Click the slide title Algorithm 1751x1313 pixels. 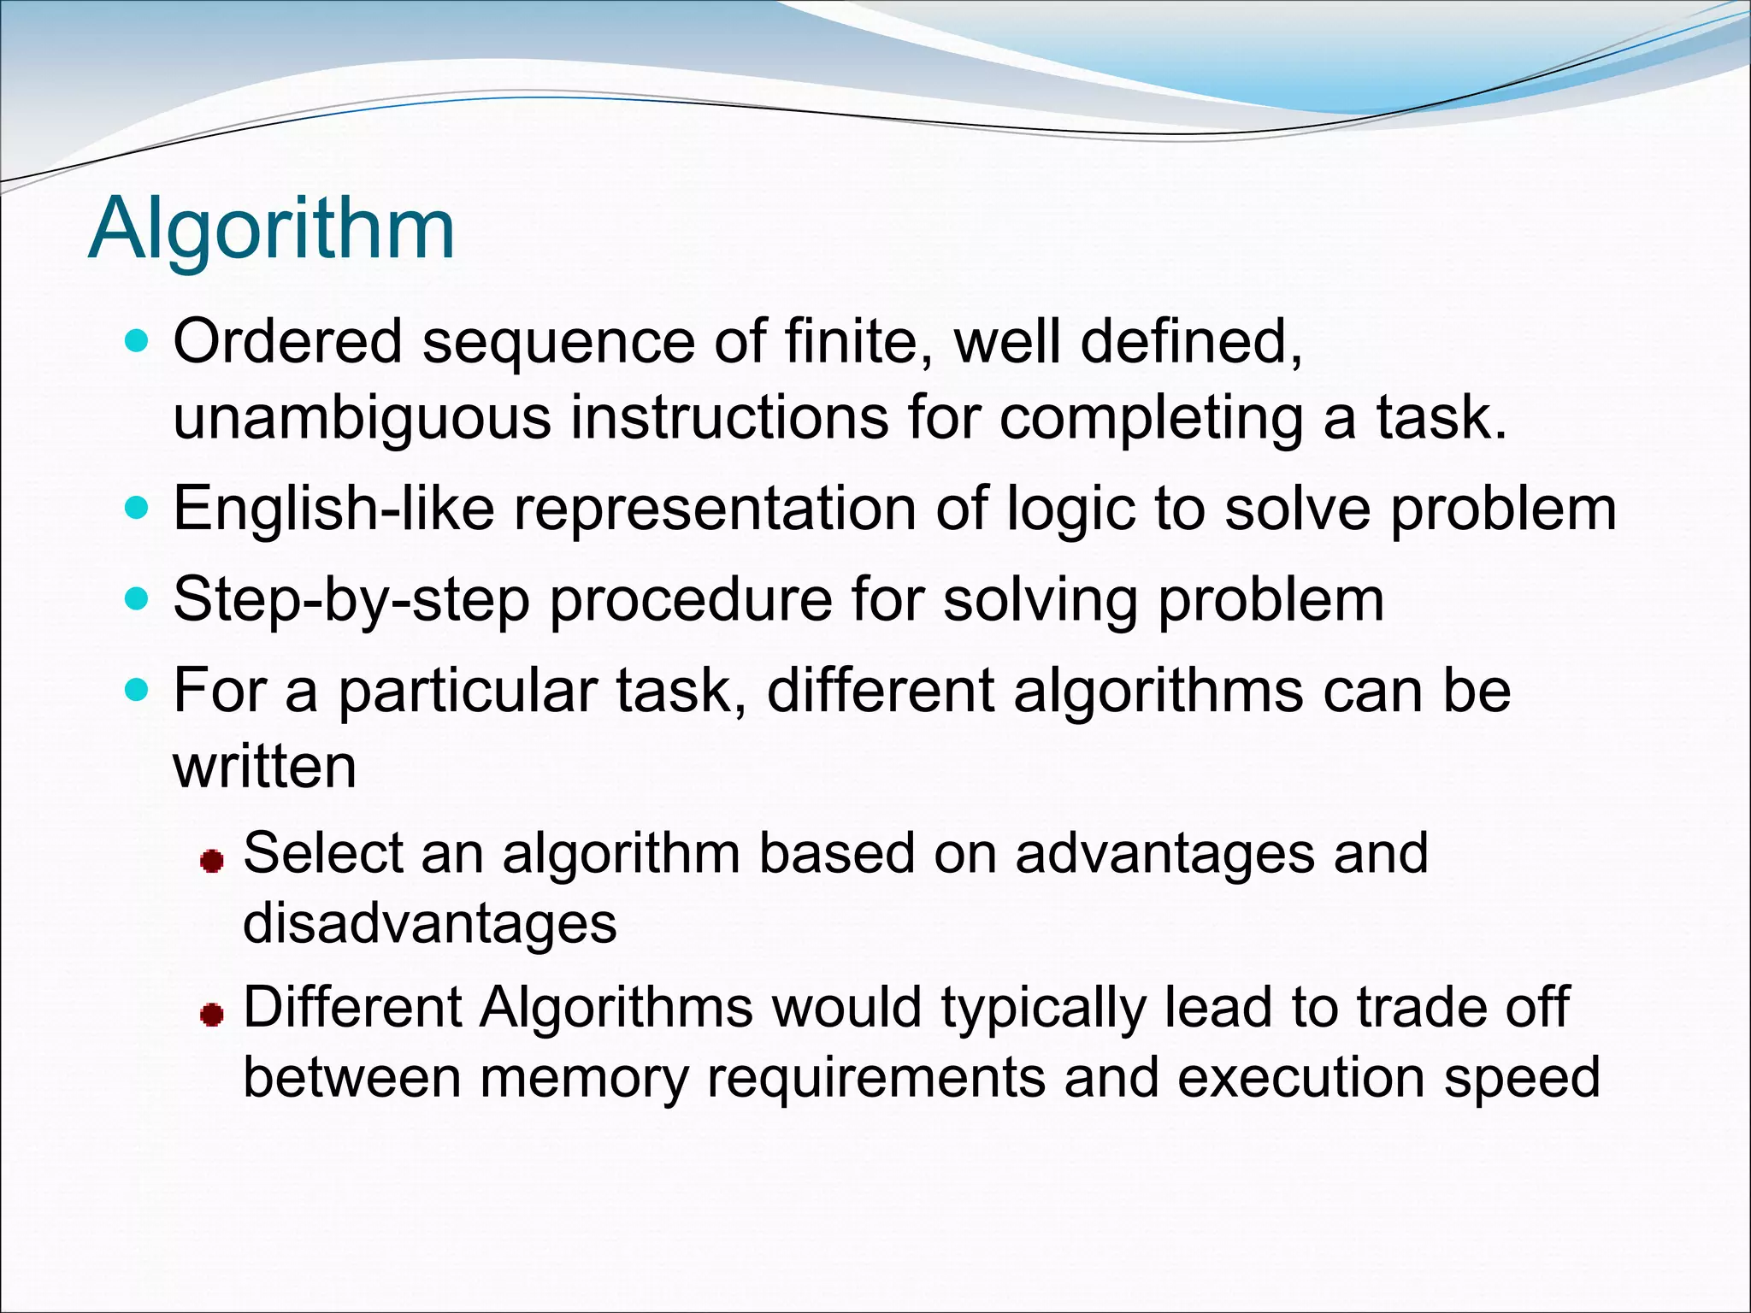pyautogui.click(x=271, y=229)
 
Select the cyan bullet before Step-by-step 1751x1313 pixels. pyautogui.click(x=137, y=599)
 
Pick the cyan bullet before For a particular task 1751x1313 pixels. pyautogui.click(x=137, y=690)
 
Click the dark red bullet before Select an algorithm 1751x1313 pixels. pyautogui.click(x=211, y=860)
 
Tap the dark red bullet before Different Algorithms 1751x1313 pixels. pyautogui.click(x=211, y=1015)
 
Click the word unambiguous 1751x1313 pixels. pyautogui.click(x=362, y=419)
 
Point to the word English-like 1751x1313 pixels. pyautogui.click(x=333, y=509)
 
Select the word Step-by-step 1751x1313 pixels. pyautogui.click(x=351, y=600)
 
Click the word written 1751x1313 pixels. pyautogui.click(x=264, y=767)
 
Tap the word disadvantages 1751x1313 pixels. pyautogui.click(x=429, y=923)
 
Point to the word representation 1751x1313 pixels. pyautogui.click(x=715, y=509)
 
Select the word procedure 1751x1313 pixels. pyautogui.click(x=691, y=600)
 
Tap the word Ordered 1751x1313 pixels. pyautogui.click(x=287, y=342)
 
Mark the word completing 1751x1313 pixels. pyautogui.click(x=1151, y=419)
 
